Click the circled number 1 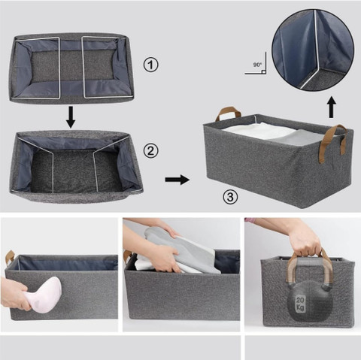150,65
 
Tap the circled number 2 150,151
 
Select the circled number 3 230,197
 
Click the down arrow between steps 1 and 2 71,117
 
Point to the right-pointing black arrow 177,180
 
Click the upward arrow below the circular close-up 332,107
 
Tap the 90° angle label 257,65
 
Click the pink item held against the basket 44,295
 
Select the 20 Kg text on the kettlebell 300,304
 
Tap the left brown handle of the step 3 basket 228,114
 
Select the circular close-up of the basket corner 313,50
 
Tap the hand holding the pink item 16,294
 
